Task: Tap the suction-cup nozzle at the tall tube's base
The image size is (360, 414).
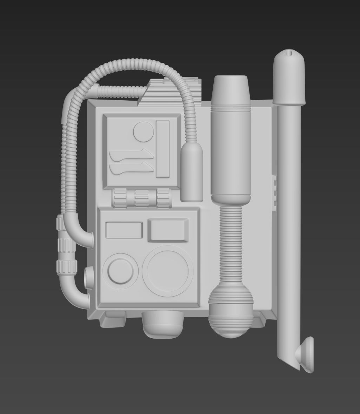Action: [x=305, y=355]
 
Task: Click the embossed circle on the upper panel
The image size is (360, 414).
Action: [x=143, y=132]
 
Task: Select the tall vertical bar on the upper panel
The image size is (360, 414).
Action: [x=162, y=149]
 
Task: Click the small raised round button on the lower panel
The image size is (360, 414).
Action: [x=120, y=271]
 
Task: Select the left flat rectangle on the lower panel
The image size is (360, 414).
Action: [x=124, y=230]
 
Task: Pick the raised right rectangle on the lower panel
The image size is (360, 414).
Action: [x=168, y=230]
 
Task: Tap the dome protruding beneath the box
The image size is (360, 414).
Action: [x=163, y=324]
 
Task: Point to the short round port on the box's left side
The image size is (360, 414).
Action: [x=89, y=277]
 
